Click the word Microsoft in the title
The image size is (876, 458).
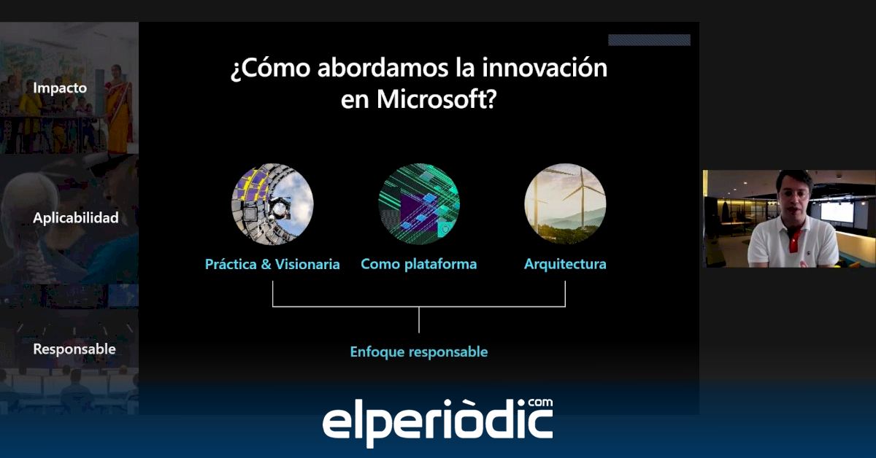click(437, 99)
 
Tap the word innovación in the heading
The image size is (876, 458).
click(545, 68)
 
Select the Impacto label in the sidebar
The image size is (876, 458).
click(60, 88)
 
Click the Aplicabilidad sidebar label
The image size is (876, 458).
click(76, 217)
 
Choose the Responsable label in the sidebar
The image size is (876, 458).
click(74, 349)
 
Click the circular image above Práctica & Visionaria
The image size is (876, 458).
click(272, 204)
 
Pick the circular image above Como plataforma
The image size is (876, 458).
click(419, 204)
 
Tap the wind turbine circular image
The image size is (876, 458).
click(565, 204)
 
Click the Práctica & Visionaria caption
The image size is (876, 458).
click(272, 265)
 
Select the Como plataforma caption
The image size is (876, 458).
click(419, 265)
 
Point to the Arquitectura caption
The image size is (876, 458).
click(565, 265)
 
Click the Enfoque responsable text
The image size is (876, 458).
click(419, 352)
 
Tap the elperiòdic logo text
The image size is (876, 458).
click(437, 423)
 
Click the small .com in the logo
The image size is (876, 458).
click(540, 403)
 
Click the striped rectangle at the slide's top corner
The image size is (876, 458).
click(649, 40)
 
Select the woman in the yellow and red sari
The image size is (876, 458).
click(118, 109)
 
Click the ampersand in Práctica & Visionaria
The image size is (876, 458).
click(266, 265)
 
